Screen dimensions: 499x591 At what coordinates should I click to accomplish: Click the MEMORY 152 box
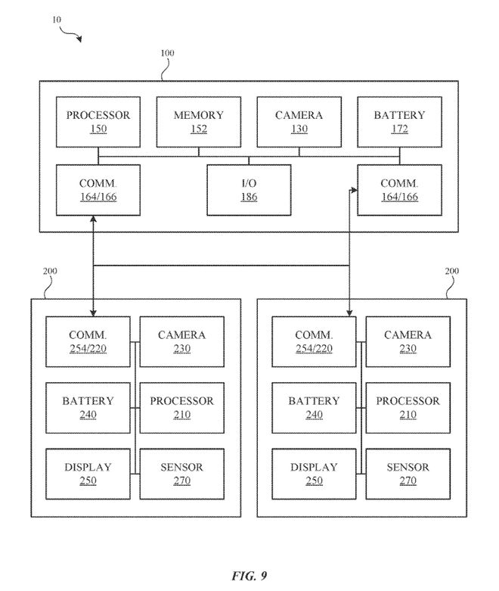199,122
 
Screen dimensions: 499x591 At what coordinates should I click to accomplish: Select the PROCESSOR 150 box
98,122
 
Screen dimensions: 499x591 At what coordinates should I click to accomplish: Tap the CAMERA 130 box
299,122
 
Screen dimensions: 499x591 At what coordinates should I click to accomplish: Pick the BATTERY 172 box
399,122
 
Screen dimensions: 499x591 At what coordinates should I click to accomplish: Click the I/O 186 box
249,190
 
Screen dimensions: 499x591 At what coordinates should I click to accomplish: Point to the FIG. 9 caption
249,576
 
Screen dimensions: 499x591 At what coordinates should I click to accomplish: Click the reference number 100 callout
167,53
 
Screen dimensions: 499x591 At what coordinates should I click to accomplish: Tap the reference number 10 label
57,20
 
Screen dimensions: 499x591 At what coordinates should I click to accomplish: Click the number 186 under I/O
249,197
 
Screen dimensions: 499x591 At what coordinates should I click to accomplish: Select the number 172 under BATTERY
399,129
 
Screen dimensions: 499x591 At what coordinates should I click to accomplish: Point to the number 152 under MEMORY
199,129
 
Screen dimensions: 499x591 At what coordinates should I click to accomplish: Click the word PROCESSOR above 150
98,115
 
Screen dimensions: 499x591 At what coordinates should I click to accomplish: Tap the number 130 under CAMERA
299,129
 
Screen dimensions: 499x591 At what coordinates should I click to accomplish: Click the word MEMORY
199,115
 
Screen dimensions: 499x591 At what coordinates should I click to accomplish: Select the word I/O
249,183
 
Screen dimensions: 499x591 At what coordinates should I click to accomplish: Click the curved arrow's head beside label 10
80,39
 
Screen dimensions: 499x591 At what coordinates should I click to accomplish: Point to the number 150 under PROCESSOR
98,129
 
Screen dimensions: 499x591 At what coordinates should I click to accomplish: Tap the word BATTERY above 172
399,115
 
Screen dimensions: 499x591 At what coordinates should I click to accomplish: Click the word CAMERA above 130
299,115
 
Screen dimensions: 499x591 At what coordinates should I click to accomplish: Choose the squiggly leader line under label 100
166,70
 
